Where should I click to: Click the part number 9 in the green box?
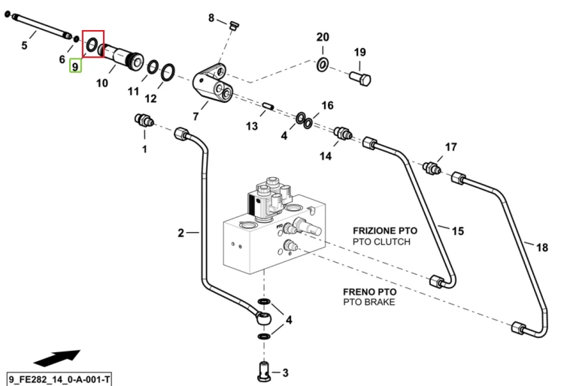[75, 66]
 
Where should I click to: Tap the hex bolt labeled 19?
[360, 78]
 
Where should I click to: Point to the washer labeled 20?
[323, 65]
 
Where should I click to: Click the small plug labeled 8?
[234, 26]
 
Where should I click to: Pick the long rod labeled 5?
[40, 26]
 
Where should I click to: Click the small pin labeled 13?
[268, 106]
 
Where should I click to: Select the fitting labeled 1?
[144, 120]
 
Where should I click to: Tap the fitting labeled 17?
[432, 167]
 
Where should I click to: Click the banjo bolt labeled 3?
[264, 372]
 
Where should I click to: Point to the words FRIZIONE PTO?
[385, 231]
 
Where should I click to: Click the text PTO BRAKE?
[369, 302]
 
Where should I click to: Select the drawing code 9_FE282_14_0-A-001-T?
[59, 379]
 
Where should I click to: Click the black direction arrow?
[57, 358]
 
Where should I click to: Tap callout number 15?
[458, 231]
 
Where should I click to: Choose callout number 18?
[542, 247]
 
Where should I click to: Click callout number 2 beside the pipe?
[181, 233]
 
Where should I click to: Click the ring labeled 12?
[168, 73]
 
